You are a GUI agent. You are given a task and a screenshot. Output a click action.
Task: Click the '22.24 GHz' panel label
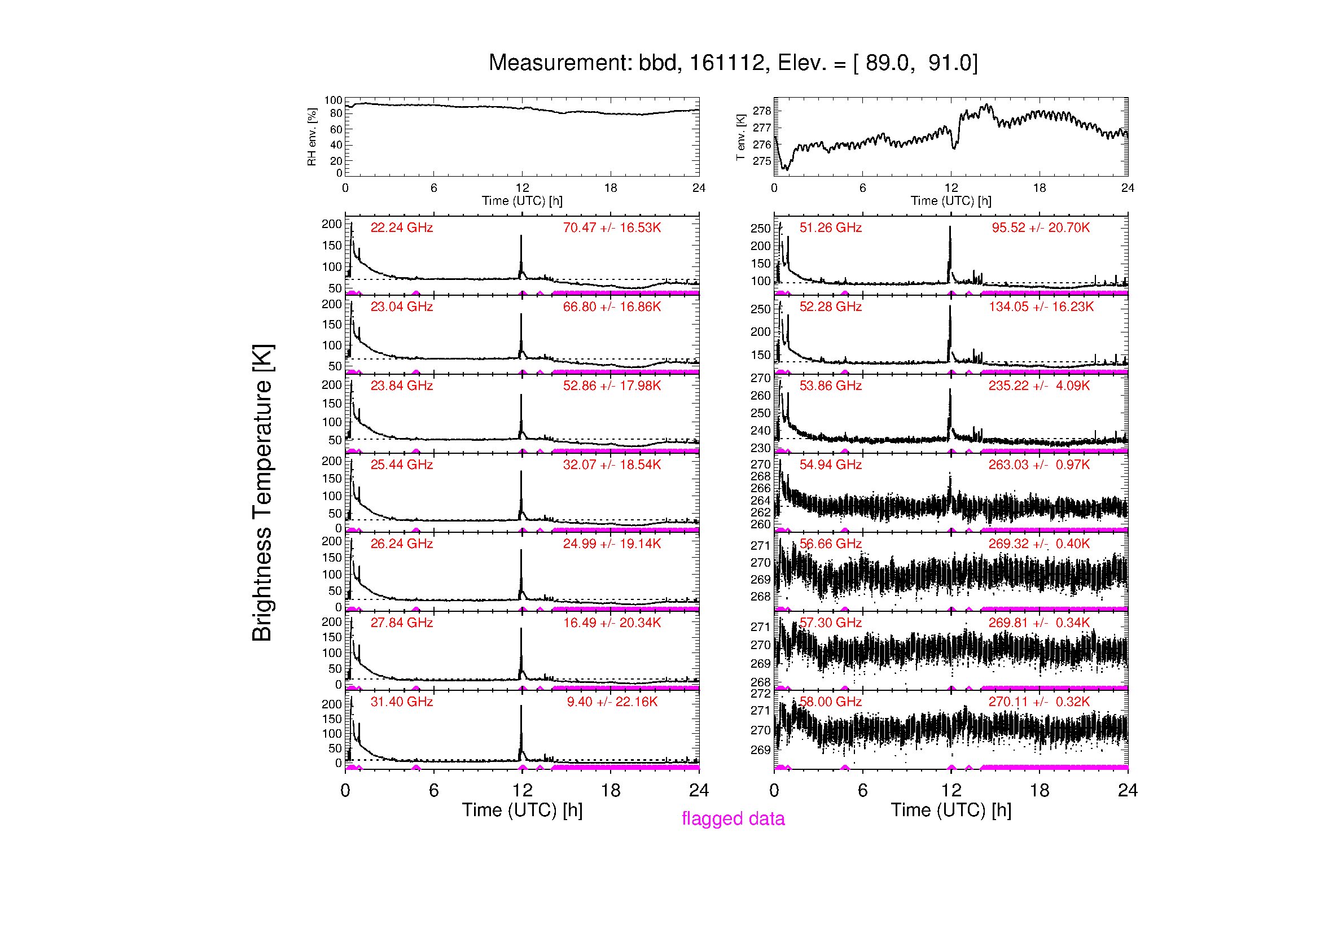click(x=401, y=227)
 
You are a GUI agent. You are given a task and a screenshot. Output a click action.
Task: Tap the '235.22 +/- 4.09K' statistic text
click(x=1039, y=386)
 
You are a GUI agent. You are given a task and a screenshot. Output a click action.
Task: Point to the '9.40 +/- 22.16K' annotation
click(x=612, y=702)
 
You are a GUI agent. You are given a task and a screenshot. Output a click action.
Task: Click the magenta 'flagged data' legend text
click(x=733, y=818)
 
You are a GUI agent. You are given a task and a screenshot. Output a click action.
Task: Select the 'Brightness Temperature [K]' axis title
click(x=262, y=493)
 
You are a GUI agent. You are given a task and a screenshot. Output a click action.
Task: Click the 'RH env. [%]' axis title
click(x=312, y=137)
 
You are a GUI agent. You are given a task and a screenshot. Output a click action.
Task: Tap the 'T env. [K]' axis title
click(x=740, y=137)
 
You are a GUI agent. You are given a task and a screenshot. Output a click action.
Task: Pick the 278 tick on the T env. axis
click(x=762, y=111)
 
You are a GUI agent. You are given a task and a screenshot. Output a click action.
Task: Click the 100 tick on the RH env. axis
click(x=333, y=100)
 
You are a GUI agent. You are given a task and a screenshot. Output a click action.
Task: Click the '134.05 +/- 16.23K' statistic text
click(x=1041, y=306)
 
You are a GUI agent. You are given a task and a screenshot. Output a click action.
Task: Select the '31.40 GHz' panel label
click(x=401, y=702)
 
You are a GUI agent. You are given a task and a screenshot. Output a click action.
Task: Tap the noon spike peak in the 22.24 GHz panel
click(x=521, y=236)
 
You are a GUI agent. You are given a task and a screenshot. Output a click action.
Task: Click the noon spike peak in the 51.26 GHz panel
click(x=950, y=227)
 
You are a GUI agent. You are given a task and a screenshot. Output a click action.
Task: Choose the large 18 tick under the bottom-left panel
click(x=611, y=790)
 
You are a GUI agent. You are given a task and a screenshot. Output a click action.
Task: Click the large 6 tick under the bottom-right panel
click(x=862, y=790)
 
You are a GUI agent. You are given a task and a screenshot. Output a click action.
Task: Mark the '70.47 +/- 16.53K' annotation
click(x=612, y=227)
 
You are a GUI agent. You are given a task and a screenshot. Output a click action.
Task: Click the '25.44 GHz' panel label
click(x=401, y=465)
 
